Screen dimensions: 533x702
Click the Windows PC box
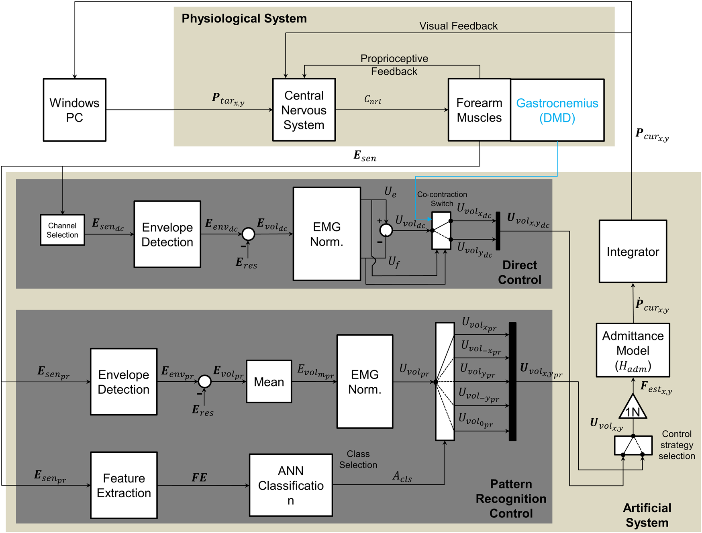[x=75, y=110]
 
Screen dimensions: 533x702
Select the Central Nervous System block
[x=304, y=110]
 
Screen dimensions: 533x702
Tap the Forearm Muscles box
[x=479, y=110]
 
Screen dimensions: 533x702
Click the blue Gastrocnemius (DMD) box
[x=557, y=110]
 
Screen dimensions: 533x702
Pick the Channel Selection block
[x=62, y=230]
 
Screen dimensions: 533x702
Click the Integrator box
[x=633, y=252]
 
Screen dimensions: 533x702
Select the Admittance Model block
[x=633, y=350]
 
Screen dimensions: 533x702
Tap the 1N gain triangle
[x=633, y=409]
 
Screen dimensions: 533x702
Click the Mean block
[x=269, y=382]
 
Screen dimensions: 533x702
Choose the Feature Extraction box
[x=124, y=485]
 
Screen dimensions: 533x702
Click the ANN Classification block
[x=291, y=485]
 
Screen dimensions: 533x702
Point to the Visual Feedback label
[x=458, y=26]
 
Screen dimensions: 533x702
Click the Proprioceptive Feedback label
[x=394, y=65]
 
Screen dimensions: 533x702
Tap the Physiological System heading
[x=244, y=18]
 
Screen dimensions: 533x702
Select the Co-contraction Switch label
[x=442, y=199]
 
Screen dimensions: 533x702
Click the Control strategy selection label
[x=677, y=445]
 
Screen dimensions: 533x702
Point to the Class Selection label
[x=358, y=459]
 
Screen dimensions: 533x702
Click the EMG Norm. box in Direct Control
[x=327, y=234]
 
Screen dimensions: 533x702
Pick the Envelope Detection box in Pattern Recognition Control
[x=124, y=382]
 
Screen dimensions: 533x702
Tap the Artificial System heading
[x=647, y=515]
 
